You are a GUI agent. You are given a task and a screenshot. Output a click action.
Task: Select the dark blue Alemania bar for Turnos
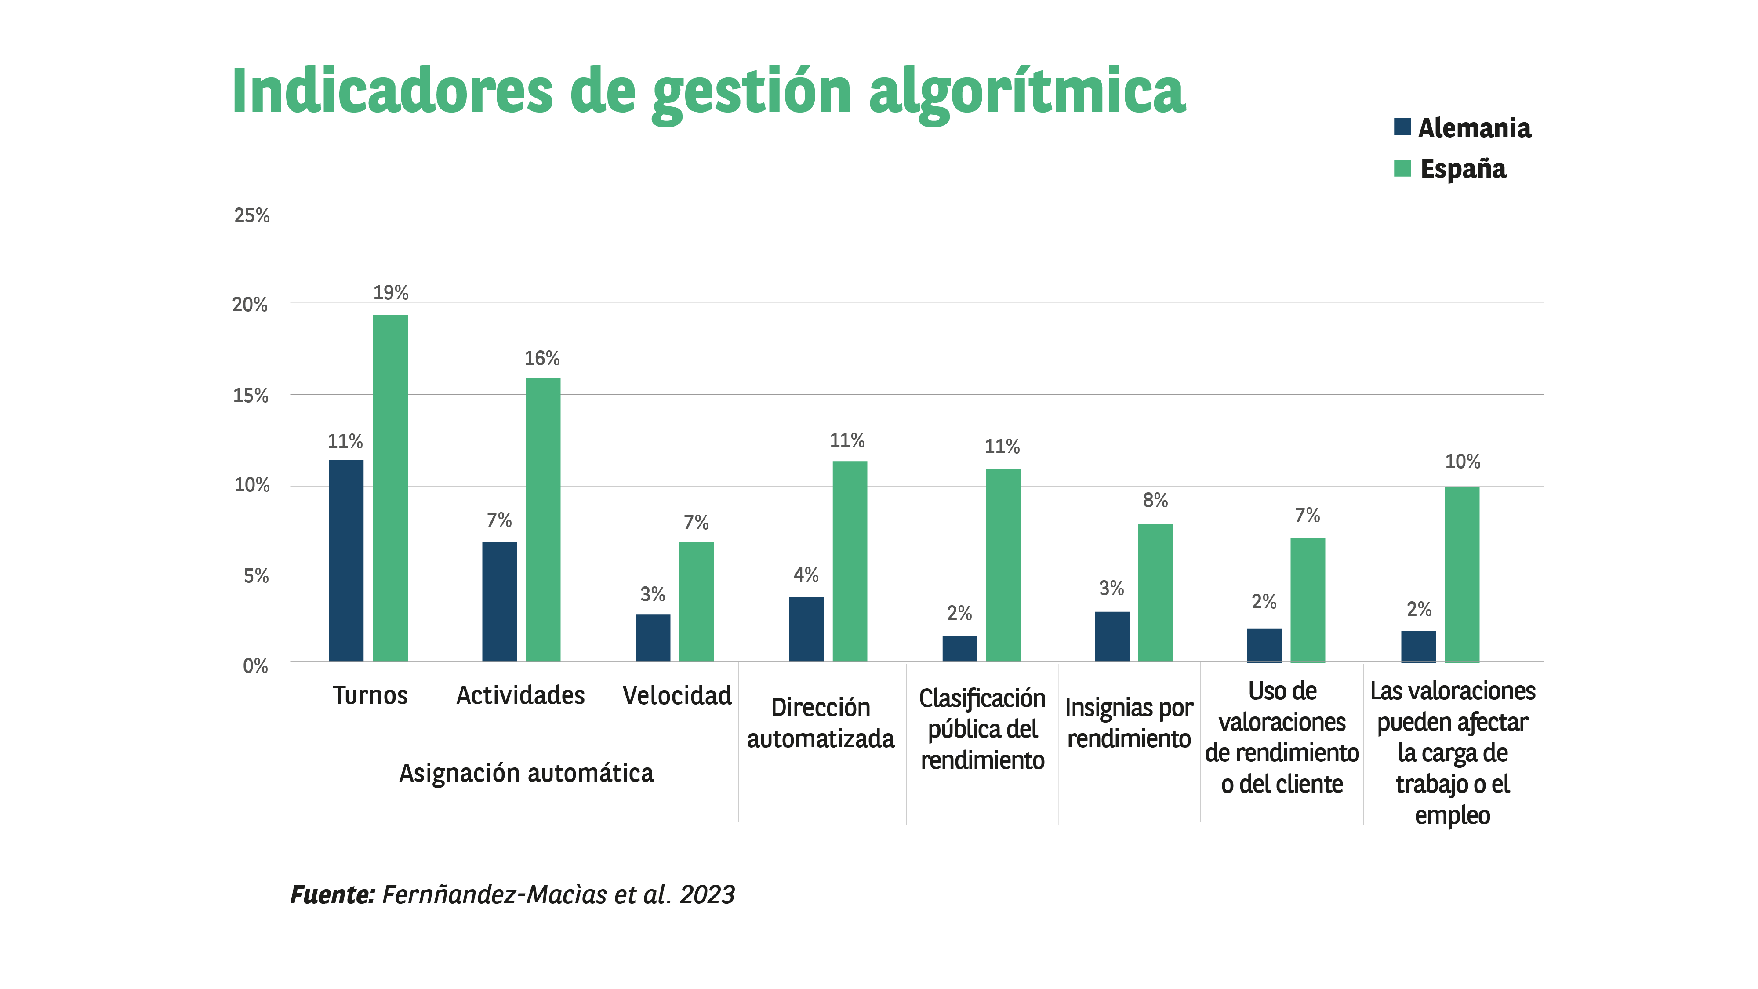[x=346, y=560]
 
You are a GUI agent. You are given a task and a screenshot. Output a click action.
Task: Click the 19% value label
[x=390, y=293]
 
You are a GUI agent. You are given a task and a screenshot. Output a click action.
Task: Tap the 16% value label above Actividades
[x=542, y=358]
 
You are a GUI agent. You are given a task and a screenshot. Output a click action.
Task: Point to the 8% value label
[x=1155, y=500]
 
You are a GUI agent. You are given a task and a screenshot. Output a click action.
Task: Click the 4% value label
[x=806, y=574]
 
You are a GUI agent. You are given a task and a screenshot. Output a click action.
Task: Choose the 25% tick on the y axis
[x=252, y=216]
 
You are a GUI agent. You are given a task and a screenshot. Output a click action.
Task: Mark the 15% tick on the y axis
[x=251, y=396]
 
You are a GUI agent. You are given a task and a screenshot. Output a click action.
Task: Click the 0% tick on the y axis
[x=255, y=666]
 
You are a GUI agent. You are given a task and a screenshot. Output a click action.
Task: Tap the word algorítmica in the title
[x=1027, y=92]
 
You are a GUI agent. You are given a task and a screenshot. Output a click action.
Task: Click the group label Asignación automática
[x=526, y=773]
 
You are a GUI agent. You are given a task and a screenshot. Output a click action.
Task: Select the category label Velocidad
[x=677, y=695]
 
